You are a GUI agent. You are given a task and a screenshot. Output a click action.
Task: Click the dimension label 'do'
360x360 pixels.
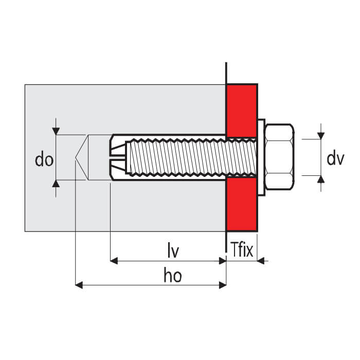(x=44, y=159)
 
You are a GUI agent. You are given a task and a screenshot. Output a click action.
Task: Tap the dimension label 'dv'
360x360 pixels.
(x=335, y=158)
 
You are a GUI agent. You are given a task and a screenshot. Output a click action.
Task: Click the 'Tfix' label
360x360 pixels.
(x=242, y=249)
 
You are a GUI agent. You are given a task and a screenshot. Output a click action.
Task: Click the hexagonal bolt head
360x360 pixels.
(x=280, y=157)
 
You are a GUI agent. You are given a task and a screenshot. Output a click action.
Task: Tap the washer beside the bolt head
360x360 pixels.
(x=261, y=157)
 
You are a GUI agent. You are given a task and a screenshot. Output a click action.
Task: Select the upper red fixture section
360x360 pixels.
(x=242, y=111)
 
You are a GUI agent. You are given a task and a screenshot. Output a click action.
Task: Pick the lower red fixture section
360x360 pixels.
(x=242, y=204)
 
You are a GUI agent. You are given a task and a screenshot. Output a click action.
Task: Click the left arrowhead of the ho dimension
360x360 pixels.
(x=79, y=285)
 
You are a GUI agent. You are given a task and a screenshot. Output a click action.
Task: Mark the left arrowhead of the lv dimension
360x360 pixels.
(x=114, y=261)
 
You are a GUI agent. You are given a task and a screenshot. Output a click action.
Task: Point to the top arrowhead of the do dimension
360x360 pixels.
(x=56, y=131)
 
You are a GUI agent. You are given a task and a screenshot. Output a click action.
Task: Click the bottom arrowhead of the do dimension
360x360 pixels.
(x=56, y=184)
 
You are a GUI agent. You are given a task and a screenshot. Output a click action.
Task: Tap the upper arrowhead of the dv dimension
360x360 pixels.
(x=321, y=136)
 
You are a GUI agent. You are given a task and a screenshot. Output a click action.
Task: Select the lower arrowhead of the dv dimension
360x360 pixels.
(x=321, y=179)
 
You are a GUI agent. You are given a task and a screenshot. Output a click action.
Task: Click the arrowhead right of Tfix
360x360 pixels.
(x=261, y=261)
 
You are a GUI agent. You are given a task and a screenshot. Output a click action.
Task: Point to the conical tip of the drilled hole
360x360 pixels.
(x=76, y=157)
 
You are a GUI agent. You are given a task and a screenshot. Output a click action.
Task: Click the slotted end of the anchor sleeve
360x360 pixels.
(x=118, y=157)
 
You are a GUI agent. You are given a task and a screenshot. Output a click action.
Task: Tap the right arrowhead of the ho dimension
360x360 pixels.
(x=223, y=285)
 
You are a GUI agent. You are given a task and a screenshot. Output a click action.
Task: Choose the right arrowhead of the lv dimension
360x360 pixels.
(x=223, y=261)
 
